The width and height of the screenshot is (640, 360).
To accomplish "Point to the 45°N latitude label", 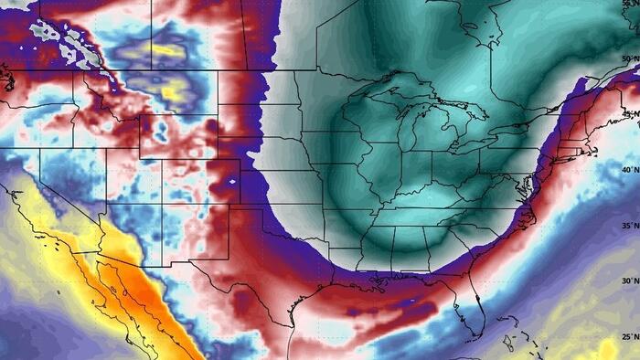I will coord(628,115).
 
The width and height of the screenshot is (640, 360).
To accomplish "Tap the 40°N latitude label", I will coord(628,170).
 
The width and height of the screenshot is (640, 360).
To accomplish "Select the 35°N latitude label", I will coord(628,225).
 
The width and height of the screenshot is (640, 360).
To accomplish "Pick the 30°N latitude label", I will coord(628,281).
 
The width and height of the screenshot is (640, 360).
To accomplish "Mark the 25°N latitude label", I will coord(628,337).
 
